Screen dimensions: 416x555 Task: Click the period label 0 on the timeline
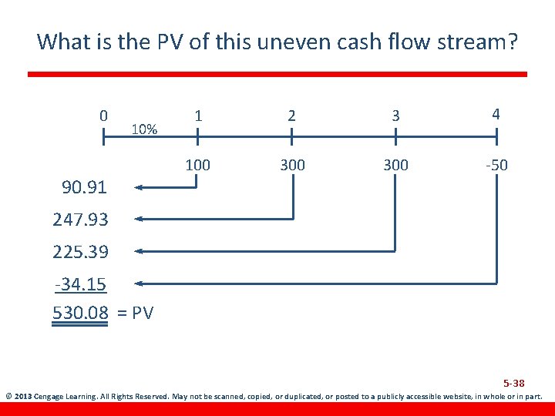pos(103,116)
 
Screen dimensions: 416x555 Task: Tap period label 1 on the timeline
pos(198,116)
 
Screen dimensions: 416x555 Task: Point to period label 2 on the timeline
pos(291,116)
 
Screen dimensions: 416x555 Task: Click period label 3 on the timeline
pos(395,116)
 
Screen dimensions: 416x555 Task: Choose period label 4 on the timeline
pos(496,114)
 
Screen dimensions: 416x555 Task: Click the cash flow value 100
pos(198,165)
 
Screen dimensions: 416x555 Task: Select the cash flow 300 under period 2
pos(292,165)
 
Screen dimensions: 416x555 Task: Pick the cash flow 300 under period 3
pos(395,165)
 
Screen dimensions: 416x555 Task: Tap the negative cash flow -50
pos(495,165)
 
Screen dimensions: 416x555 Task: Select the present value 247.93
pos(80,220)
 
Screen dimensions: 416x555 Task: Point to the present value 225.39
pos(80,252)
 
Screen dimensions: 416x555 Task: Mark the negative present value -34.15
pos(80,285)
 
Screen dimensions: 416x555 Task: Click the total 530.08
pos(80,313)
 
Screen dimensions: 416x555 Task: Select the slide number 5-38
pos(514,383)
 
